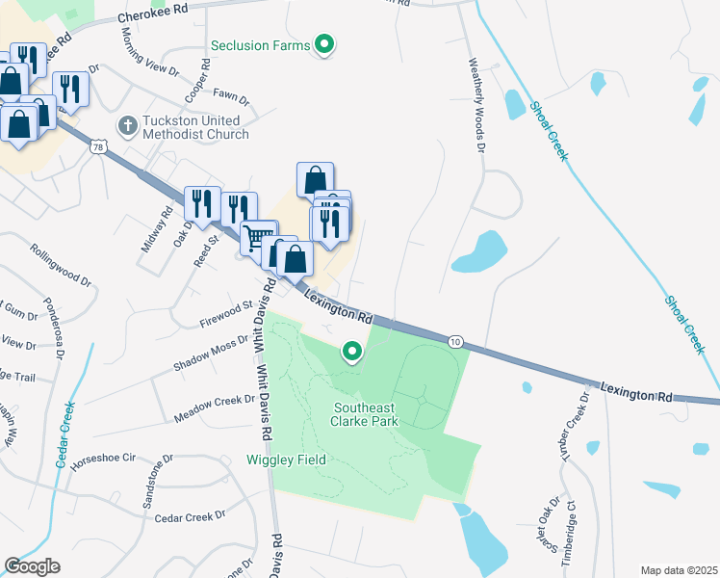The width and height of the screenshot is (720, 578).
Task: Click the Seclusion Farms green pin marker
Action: pyautogui.click(x=325, y=44)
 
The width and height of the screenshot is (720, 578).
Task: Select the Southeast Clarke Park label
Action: pyautogui.click(x=365, y=413)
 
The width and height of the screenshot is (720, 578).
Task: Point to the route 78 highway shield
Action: pyautogui.click(x=97, y=146)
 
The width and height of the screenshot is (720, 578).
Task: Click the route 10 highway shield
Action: pyautogui.click(x=456, y=341)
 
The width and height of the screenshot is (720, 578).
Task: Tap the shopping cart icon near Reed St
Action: pyautogui.click(x=257, y=237)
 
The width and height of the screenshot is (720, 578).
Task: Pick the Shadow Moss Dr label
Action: pyautogui.click(x=211, y=355)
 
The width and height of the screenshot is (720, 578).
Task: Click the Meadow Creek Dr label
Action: pyautogui.click(x=214, y=408)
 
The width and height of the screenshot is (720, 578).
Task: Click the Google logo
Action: pyautogui.click(x=33, y=566)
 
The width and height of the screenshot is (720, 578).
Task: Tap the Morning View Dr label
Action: pyautogui.click(x=150, y=59)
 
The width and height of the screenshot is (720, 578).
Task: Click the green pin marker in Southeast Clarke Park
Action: pyautogui.click(x=352, y=354)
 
